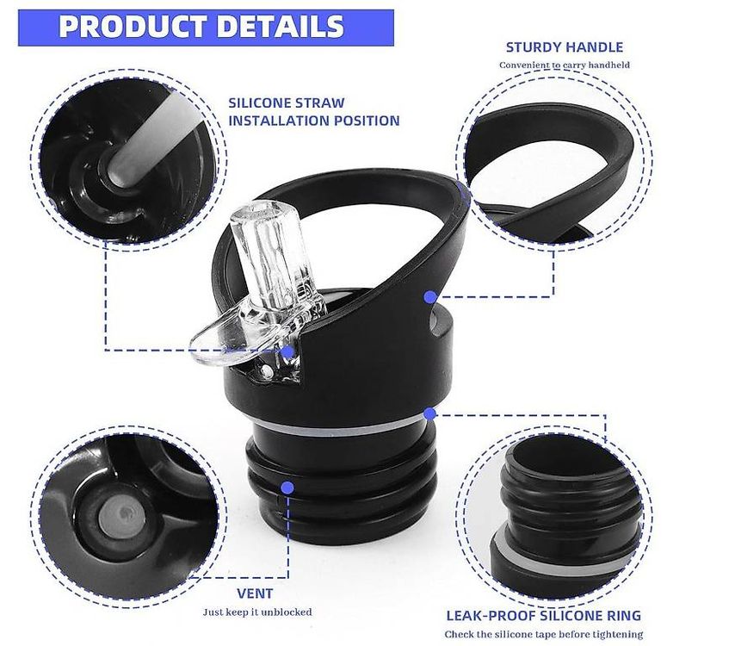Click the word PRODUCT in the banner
click(133, 27)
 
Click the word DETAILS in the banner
click(281, 27)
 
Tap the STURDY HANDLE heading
click(565, 47)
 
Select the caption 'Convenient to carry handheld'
click(565, 65)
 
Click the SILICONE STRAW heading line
click(287, 102)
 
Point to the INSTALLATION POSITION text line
click(314, 121)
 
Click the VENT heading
click(255, 593)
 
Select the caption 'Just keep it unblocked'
click(257, 612)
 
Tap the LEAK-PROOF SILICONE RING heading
click(543, 616)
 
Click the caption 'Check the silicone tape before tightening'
click(544, 634)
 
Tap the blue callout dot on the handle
click(430, 296)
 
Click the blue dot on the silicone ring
click(429, 413)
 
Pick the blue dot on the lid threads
click(287, 488)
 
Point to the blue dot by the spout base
click(287, 351)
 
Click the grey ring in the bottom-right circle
click(563, 560)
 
